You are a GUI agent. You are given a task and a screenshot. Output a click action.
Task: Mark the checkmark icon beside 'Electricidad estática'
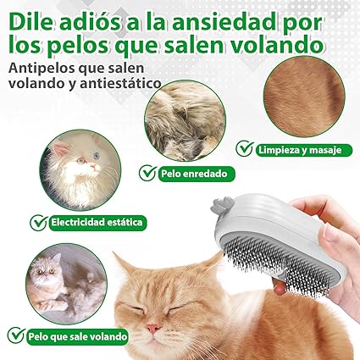point(38,223)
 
